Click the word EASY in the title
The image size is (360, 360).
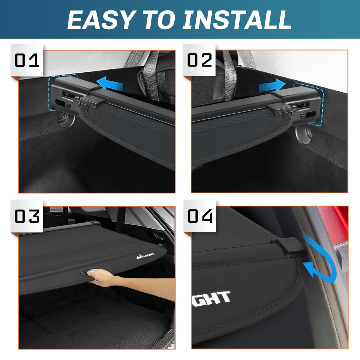click(100, 20)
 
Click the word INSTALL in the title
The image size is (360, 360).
click(237, 20)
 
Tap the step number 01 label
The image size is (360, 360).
click(27, 60)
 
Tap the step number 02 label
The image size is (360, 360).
click(200, 60)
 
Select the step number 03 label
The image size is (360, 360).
click(27, 216)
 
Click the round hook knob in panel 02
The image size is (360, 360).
click(303, 134)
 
